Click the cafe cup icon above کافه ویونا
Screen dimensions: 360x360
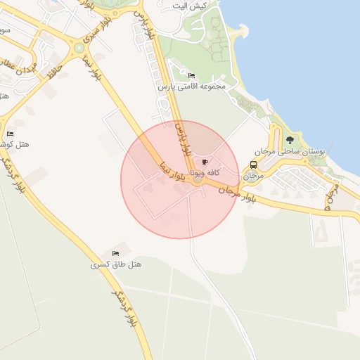pyautogui.click(x=205, y=162)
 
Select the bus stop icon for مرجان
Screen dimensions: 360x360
pyautogui.click(x=252, y=165)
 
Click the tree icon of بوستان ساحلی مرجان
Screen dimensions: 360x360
pyautogui.click(x=290, y=140)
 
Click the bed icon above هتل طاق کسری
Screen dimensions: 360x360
pyautogui.click(x=116, y=253)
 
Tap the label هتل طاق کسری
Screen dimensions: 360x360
pyautogui.click(x=116, y=264)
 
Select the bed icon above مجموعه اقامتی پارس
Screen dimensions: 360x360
pyautogui.click(x=191, y=75)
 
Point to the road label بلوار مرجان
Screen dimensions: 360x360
pyautogui.click(x=236, y=193)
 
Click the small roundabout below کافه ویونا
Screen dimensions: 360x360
pyautogui.click(x=198, y=181)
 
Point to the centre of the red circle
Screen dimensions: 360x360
pyautogui.click(x=180, y=179)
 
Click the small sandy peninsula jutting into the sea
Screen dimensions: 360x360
pyautogui.click(x=242, y=32)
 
